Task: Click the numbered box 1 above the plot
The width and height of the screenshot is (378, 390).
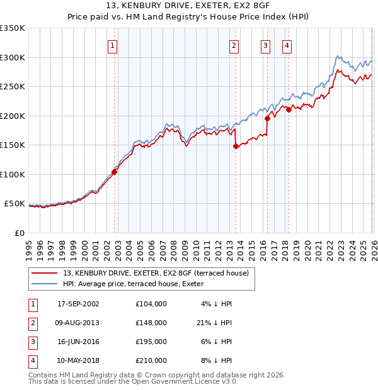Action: pyautogui.click(x=112, y=45)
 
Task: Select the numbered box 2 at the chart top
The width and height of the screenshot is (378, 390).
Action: pyautogui.click(x=234, y=45)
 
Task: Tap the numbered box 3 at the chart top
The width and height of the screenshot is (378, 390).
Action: pyautogui.click(x=265, y=45)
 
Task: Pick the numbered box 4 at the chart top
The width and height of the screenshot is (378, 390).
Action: pyautogui.click(x=287, y=45)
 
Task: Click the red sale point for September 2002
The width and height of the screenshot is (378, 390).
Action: pyautogui.click(x=115, y=172)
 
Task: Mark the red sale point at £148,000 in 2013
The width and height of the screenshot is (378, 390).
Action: pyautogui.click(x=236, y=146)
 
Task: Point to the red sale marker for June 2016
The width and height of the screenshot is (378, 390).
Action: pyautogui.click(x=268, y=118)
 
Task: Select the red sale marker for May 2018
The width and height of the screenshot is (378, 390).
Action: pyautogui.click(x=289, y=109)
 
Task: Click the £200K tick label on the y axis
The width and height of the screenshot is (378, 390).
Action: pyautogui.click(x=13, y=116)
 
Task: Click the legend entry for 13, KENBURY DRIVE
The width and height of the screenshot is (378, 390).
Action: pyautogui.click(x=156, y=273)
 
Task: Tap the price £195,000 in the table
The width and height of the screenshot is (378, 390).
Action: pyautogui.click(x=151, y=342)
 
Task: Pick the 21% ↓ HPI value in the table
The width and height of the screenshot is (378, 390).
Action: pyautogui.click(x=214, y=323)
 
